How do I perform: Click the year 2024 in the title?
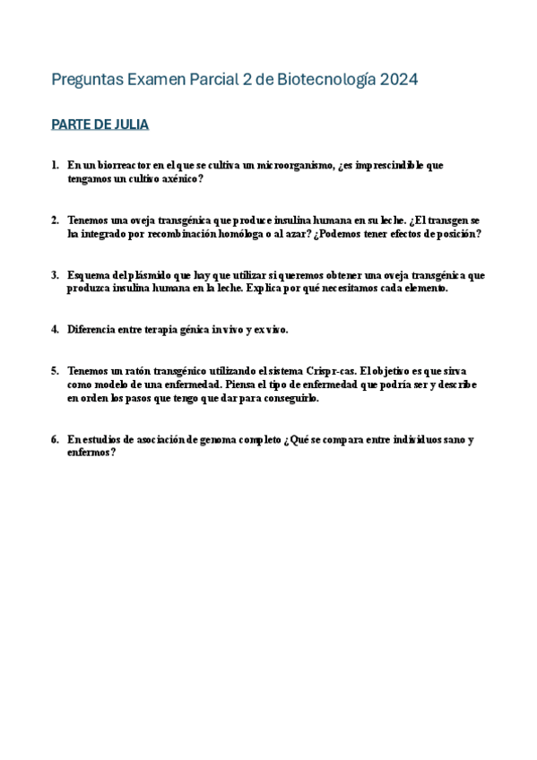[399, 80]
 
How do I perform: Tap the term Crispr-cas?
[326, 370]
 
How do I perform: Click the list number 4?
[55, 329]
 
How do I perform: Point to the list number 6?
[55, 439]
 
